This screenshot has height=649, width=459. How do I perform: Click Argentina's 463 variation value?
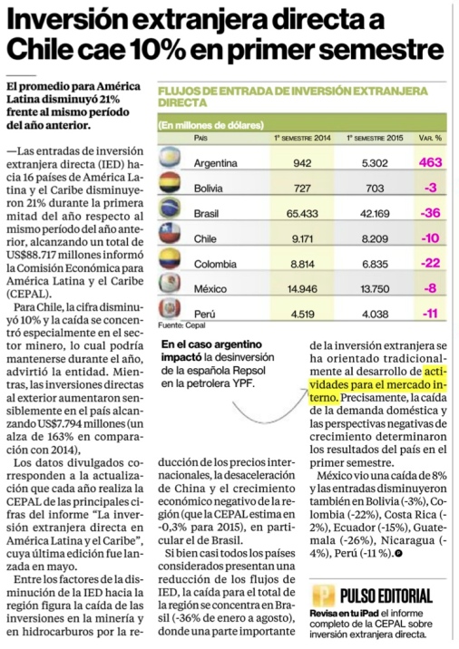coord(430,162)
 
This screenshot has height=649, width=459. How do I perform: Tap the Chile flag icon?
coord(170,233)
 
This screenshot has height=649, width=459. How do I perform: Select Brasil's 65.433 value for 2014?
coord(302,214)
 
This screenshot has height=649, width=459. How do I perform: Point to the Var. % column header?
coord(430,138)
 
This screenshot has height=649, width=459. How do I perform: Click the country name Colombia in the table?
coord(215,264)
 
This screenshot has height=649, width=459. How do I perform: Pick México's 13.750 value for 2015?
coord(375,289)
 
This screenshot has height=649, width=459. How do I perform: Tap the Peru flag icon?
coord(170,309)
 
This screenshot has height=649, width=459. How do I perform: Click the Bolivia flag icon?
coord(170,182)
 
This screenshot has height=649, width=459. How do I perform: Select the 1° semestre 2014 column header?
coord(302,138)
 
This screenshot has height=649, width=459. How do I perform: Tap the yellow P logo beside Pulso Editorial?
coord(324,596)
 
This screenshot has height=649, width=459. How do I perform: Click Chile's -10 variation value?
coord(430,238)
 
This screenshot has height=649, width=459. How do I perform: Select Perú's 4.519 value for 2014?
coord(302,315)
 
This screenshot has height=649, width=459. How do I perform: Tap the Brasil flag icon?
coord(170,208)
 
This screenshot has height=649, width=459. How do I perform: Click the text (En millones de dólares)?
coord(210,125)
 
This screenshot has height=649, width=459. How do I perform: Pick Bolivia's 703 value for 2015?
coord(375,189)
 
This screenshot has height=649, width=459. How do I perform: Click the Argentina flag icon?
coord(170,158)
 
